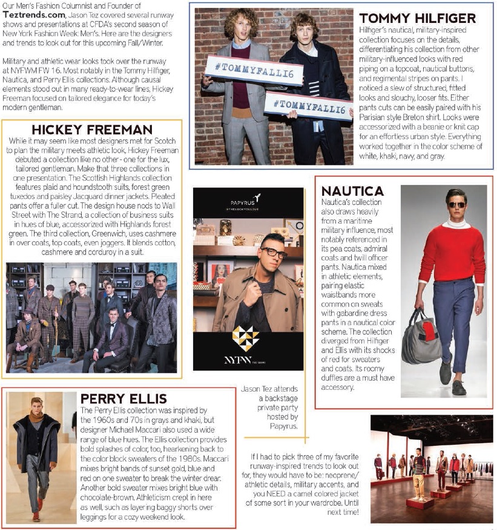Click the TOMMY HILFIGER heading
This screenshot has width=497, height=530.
pos(417,18)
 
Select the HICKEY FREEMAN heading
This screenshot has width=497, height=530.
pos(92,130)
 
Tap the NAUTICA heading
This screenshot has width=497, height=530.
pos(352,191)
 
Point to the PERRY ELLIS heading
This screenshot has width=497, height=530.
pos(123,399)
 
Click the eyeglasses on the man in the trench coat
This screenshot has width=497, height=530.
pos(273,253)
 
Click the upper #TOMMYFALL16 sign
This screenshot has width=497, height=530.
pos(246,69)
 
